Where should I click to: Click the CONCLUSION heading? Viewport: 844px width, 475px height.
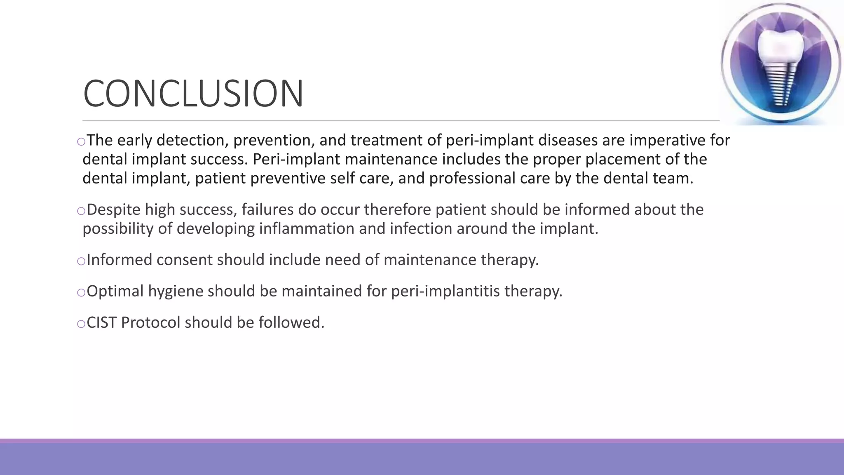pyautogui.click(x=193, y=94)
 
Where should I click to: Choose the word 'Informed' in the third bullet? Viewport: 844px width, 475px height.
pyautogui.click(x=120, y=260)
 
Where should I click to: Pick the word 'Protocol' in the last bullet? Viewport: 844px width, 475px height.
pyautogui.click(x=150, y=322)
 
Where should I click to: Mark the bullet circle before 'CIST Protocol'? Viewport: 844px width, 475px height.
pyautogui.click(x=81, y=324)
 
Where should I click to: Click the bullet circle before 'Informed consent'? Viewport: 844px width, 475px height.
pyautogui.click(x=81, y=261)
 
